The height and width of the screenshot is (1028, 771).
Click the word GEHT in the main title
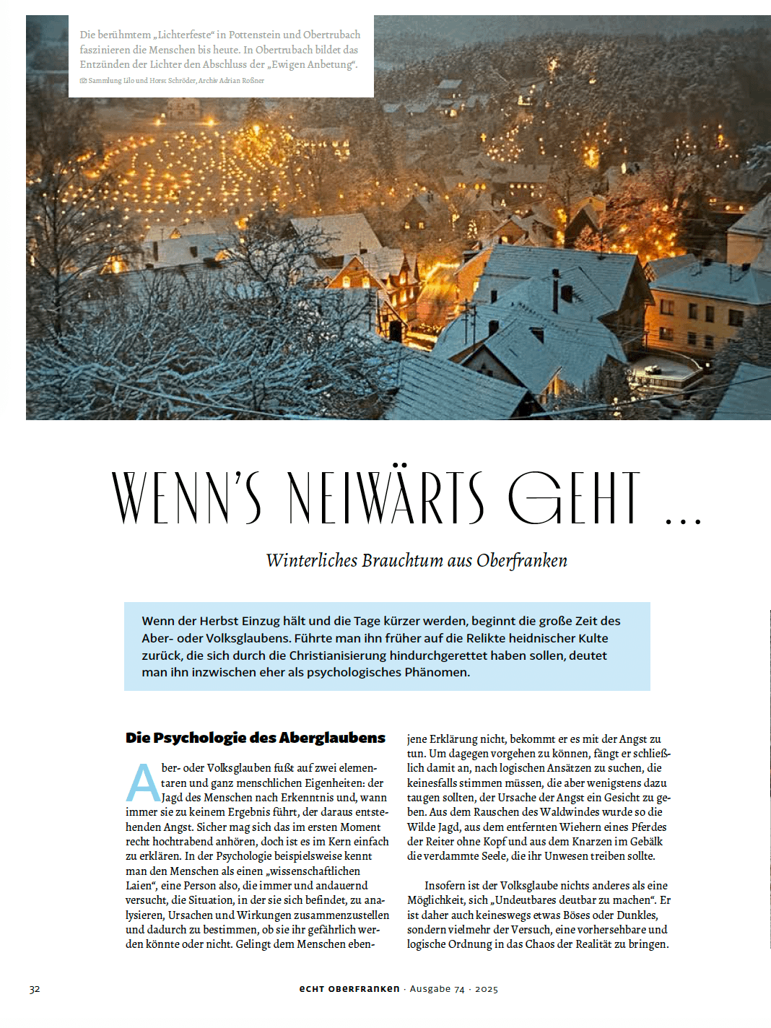click(574, 497)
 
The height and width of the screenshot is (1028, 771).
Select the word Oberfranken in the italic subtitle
click(522, 561)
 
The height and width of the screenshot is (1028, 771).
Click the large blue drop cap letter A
click(143, 783)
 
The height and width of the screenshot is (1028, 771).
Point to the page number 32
click(35, 989)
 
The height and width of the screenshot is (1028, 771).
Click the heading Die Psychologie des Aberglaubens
click(256, 738)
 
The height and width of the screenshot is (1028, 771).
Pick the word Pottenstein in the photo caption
click(254, 35)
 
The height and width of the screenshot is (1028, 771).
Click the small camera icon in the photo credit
click(83, 81)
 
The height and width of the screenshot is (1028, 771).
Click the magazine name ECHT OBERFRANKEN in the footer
click(349, 989)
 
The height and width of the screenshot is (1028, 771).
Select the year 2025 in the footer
click(487, 989)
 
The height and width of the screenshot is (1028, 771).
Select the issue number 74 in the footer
click(459, 989)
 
